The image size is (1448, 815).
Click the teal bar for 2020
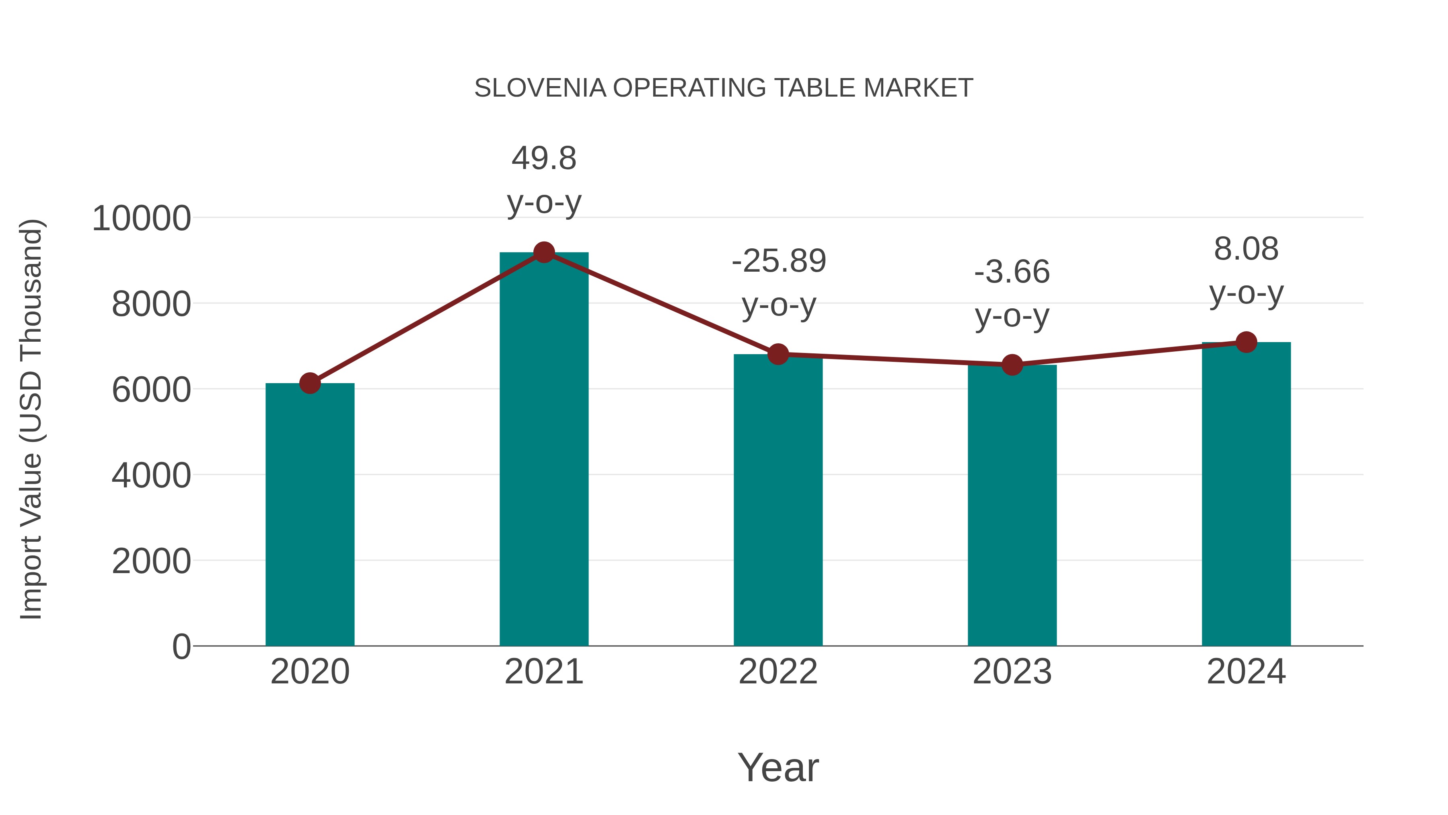point(310,515)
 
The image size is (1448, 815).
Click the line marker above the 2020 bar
point(310,384)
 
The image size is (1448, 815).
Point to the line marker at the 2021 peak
point(543,252)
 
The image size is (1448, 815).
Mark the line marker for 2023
point(1012,365)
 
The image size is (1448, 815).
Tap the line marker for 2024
point(1246,342)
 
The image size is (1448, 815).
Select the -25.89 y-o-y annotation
point(779,283)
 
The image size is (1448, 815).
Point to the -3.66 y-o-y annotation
point(1012,294)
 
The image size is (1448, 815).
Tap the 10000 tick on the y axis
point(141,218)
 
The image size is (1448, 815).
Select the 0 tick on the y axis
point(181,647)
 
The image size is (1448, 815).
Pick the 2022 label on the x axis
point(778,672)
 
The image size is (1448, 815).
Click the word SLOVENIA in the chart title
point(540,88)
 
